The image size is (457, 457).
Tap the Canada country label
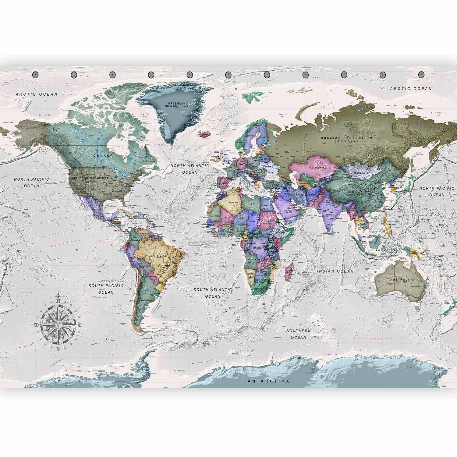click(x=103, y=155)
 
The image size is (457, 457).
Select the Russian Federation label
click(x=346, y=138)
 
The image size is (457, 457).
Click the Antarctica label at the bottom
click(x=268, y=381)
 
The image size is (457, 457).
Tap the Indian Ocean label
click(x=335, y=271)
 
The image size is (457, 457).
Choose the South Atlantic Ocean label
click(x=213, y=293)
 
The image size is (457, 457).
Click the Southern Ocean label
click(x=299, y=334)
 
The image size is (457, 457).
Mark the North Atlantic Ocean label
click(x=190, y=169)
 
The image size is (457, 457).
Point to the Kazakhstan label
click(x=318, y=168)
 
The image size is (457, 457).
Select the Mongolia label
click(x=362, y=173)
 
